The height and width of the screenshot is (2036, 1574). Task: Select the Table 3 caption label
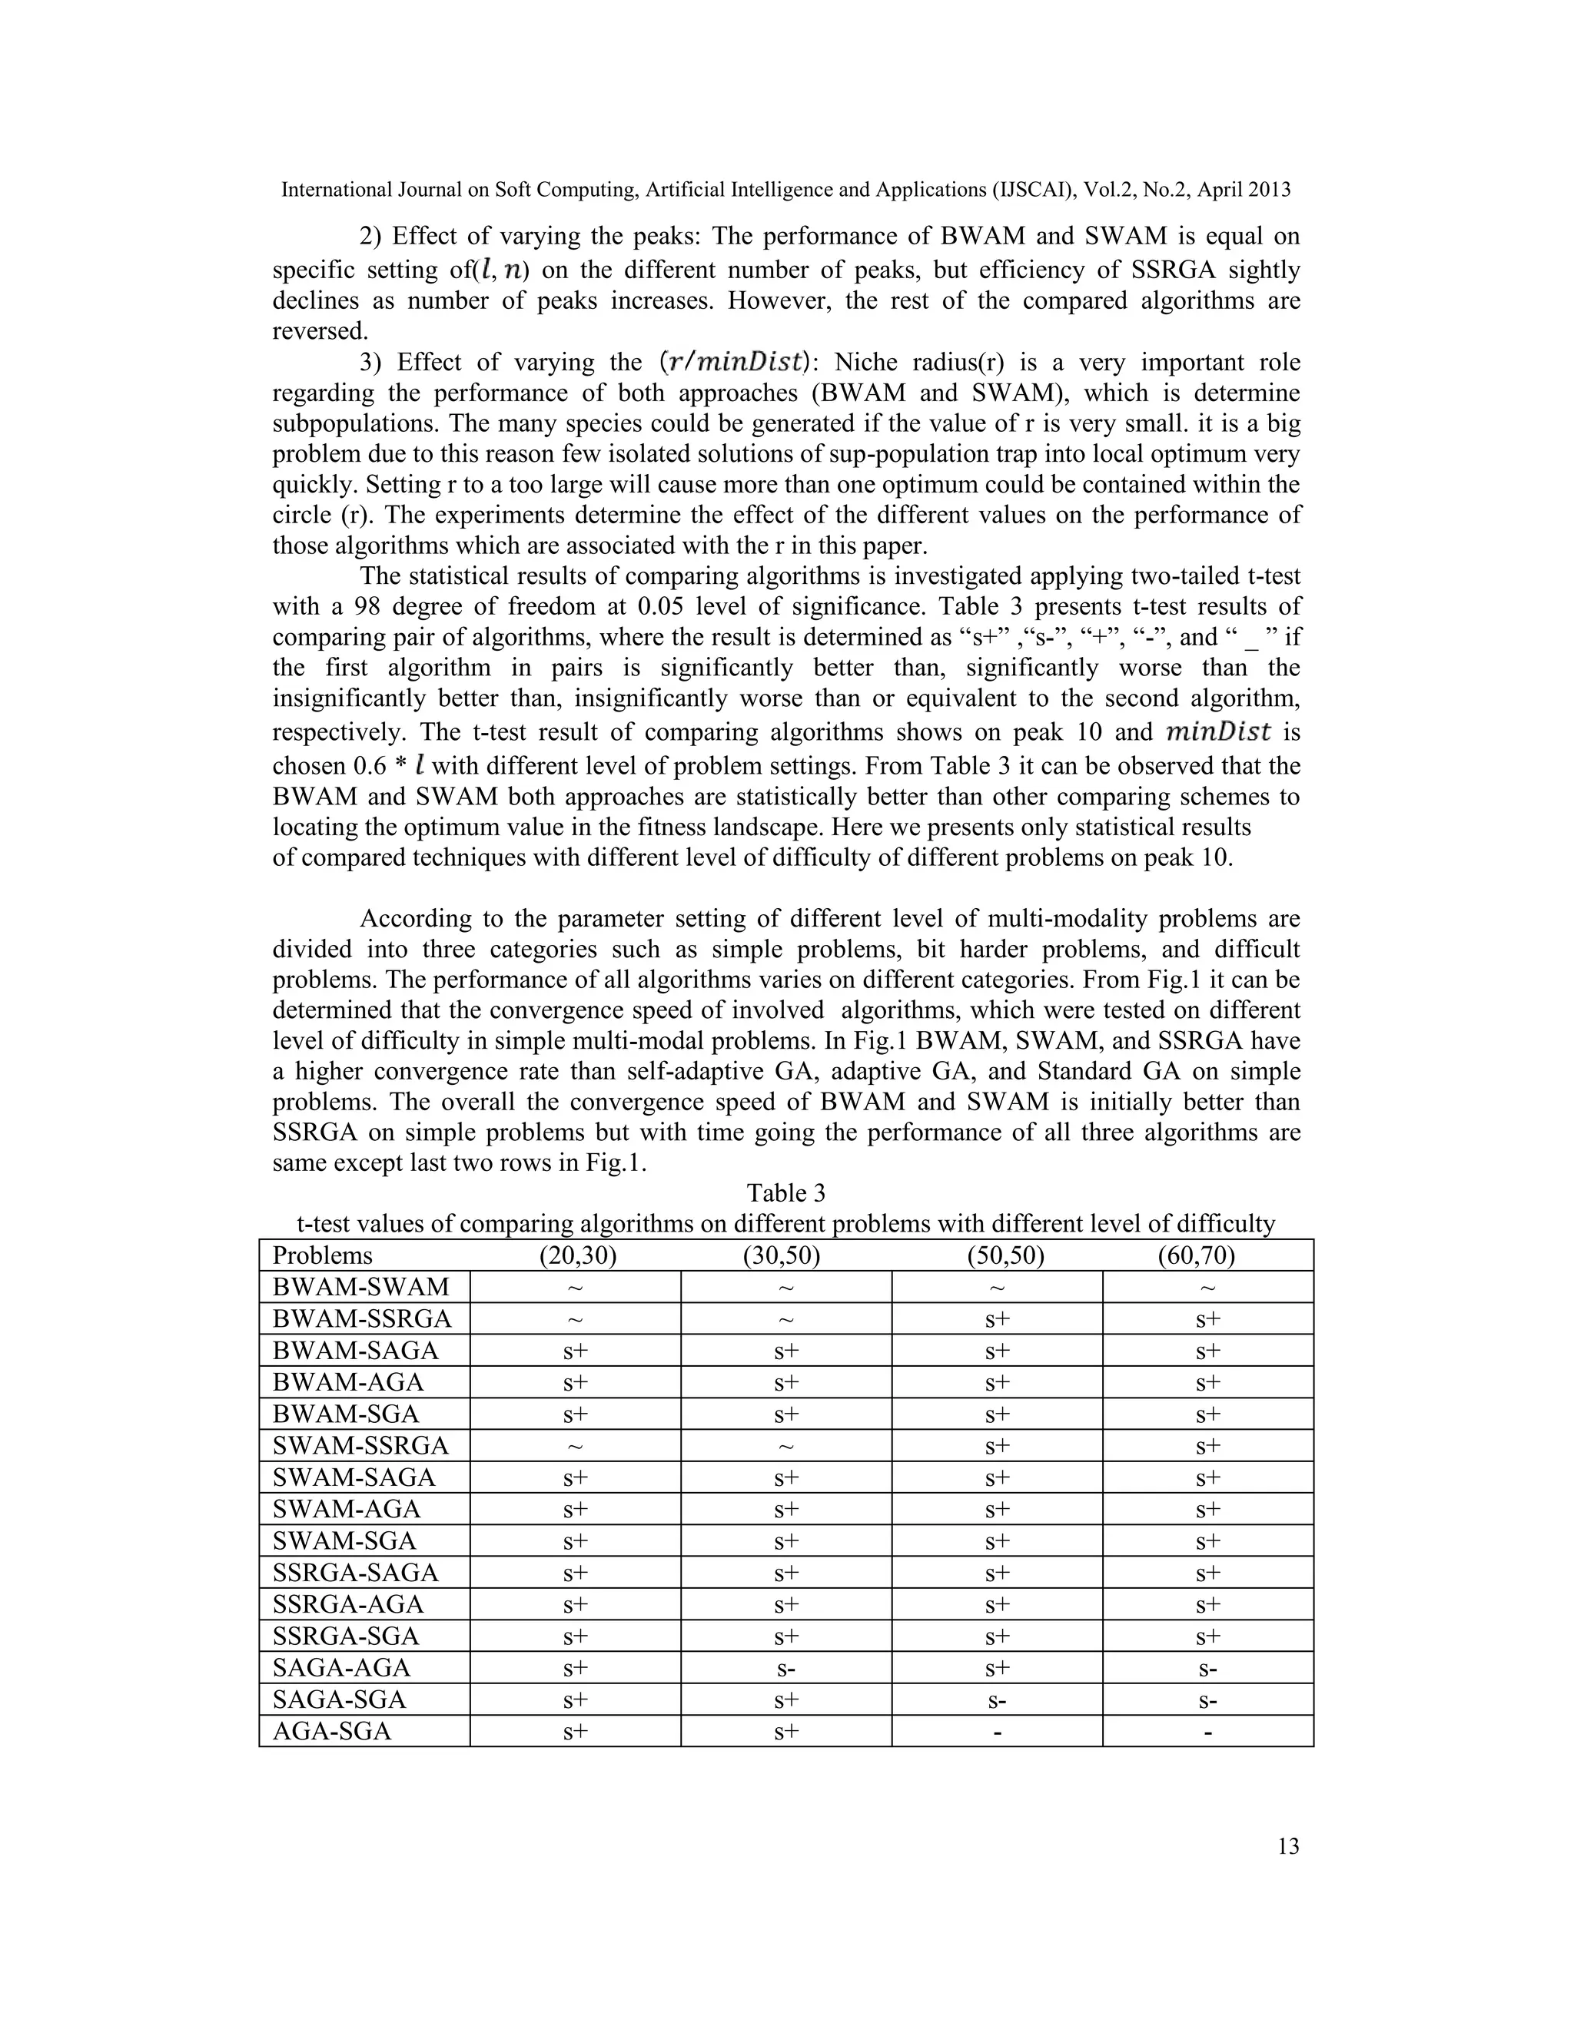(785, 1193)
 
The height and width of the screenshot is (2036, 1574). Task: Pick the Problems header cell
(323, 1255)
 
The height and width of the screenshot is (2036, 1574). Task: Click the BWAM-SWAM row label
(361, 1288)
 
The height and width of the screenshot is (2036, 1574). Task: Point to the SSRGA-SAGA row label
(355, 1573)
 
